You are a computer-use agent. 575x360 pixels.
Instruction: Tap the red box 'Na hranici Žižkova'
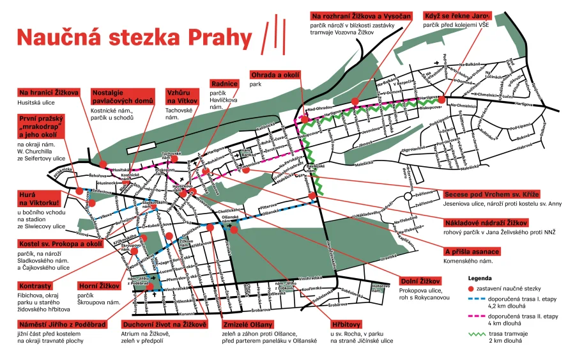49,92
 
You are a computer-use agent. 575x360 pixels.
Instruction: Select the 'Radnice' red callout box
224,84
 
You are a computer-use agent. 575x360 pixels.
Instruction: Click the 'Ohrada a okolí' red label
275,75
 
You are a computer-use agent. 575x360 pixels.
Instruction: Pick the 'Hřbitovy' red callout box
348,324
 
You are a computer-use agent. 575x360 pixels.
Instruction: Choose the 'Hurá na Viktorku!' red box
38,198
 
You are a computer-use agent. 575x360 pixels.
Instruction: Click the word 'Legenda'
480,279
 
